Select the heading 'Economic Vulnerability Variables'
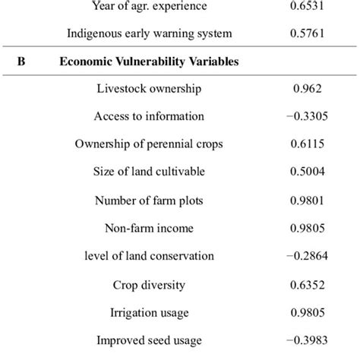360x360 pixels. coord(149,62)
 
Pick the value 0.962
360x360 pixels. coord(308,89)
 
